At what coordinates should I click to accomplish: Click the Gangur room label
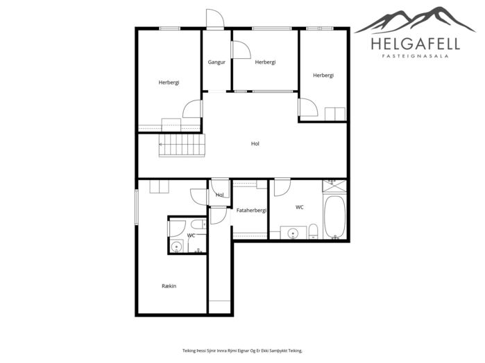(216, 62)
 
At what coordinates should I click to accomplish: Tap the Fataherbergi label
(251, 211)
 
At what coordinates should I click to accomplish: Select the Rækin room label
(169, 286)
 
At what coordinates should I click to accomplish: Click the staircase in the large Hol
(182, 145)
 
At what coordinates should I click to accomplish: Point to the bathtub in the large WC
(334, 217)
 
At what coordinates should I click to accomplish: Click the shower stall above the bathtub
(334, 186)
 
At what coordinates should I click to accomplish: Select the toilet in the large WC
(313, 231)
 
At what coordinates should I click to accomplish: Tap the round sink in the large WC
(293, 233)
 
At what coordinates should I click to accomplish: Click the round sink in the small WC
(177, 247)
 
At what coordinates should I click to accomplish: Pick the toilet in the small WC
(198, 224)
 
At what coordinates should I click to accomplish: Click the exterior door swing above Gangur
(215, 19)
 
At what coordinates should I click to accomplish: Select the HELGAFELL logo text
(416, 44)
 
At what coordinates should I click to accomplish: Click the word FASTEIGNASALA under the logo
(416, 56)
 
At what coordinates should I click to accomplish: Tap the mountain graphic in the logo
(415, 20)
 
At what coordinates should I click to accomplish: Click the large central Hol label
(255, 143)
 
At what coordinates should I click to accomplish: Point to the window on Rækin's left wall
(136, 207)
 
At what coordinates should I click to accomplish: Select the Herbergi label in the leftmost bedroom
(169, 82)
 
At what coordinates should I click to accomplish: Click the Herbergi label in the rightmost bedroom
(323, 76)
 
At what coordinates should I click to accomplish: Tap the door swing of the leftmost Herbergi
(192, 109)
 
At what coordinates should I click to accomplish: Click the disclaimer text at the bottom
(242, 351)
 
